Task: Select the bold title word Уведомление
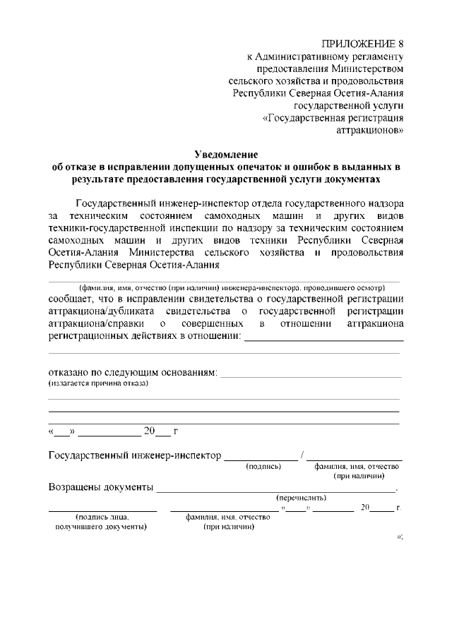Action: [x=226, y=155]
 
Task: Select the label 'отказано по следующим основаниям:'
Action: [x=132, y=371]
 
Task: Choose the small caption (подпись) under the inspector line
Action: [x=263, y=467]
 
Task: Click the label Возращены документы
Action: [x=100, y=488]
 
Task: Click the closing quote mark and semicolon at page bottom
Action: [x=400, y=537]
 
